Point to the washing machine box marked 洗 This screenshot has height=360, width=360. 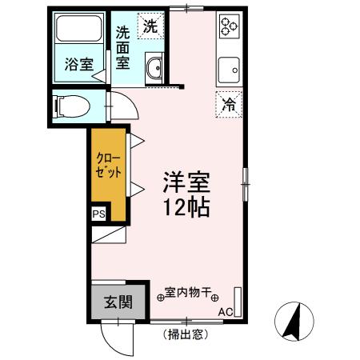(150, 26)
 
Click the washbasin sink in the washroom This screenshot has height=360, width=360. (154, 70)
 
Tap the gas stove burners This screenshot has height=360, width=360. (230, 26)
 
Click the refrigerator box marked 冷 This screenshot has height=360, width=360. (230, 102)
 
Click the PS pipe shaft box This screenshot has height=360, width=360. (98, 214)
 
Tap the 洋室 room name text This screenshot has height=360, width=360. (186, 181)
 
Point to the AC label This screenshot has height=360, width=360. (226, 311)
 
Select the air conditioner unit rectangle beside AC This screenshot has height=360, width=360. (237, 297)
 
